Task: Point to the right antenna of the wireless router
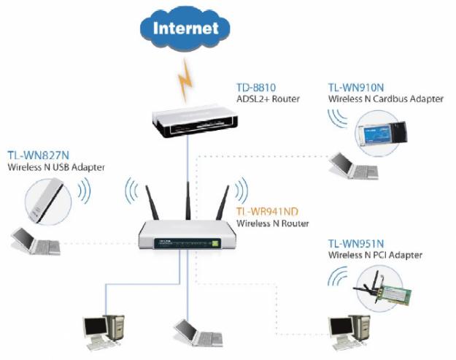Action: tap(222, 204)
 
